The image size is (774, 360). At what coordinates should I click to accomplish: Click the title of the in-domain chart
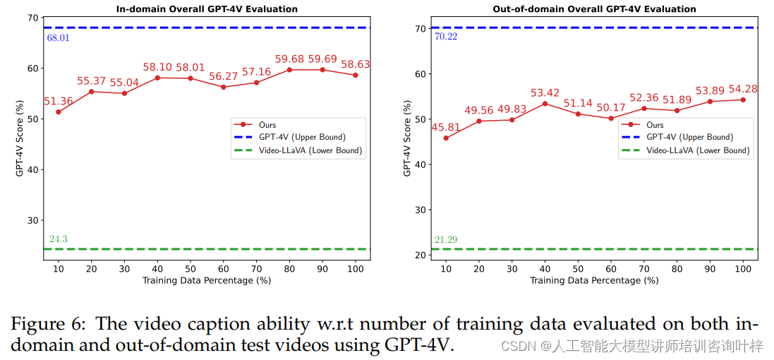pos(206,9)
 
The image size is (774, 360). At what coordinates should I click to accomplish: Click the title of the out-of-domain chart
pos(594,9)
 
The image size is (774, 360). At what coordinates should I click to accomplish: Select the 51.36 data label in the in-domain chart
pos(58,102)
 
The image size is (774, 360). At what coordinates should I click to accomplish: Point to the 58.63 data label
pos(355,64)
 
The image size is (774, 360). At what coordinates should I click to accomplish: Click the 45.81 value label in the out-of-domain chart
pos(446,128)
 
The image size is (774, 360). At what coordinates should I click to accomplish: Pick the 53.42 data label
pos(545,92)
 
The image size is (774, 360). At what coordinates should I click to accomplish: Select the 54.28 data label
pos(742,89)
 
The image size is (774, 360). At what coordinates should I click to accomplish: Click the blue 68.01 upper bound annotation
pos(58,37)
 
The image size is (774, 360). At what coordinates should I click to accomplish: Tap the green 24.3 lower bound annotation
pos(58,239)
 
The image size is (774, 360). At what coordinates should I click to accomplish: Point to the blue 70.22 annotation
pos(446,37)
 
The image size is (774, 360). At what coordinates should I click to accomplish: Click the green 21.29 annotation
pos(446,240)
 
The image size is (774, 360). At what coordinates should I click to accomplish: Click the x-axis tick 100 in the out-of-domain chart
pos(743,269)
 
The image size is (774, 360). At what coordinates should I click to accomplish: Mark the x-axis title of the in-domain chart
pos(207,280)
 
